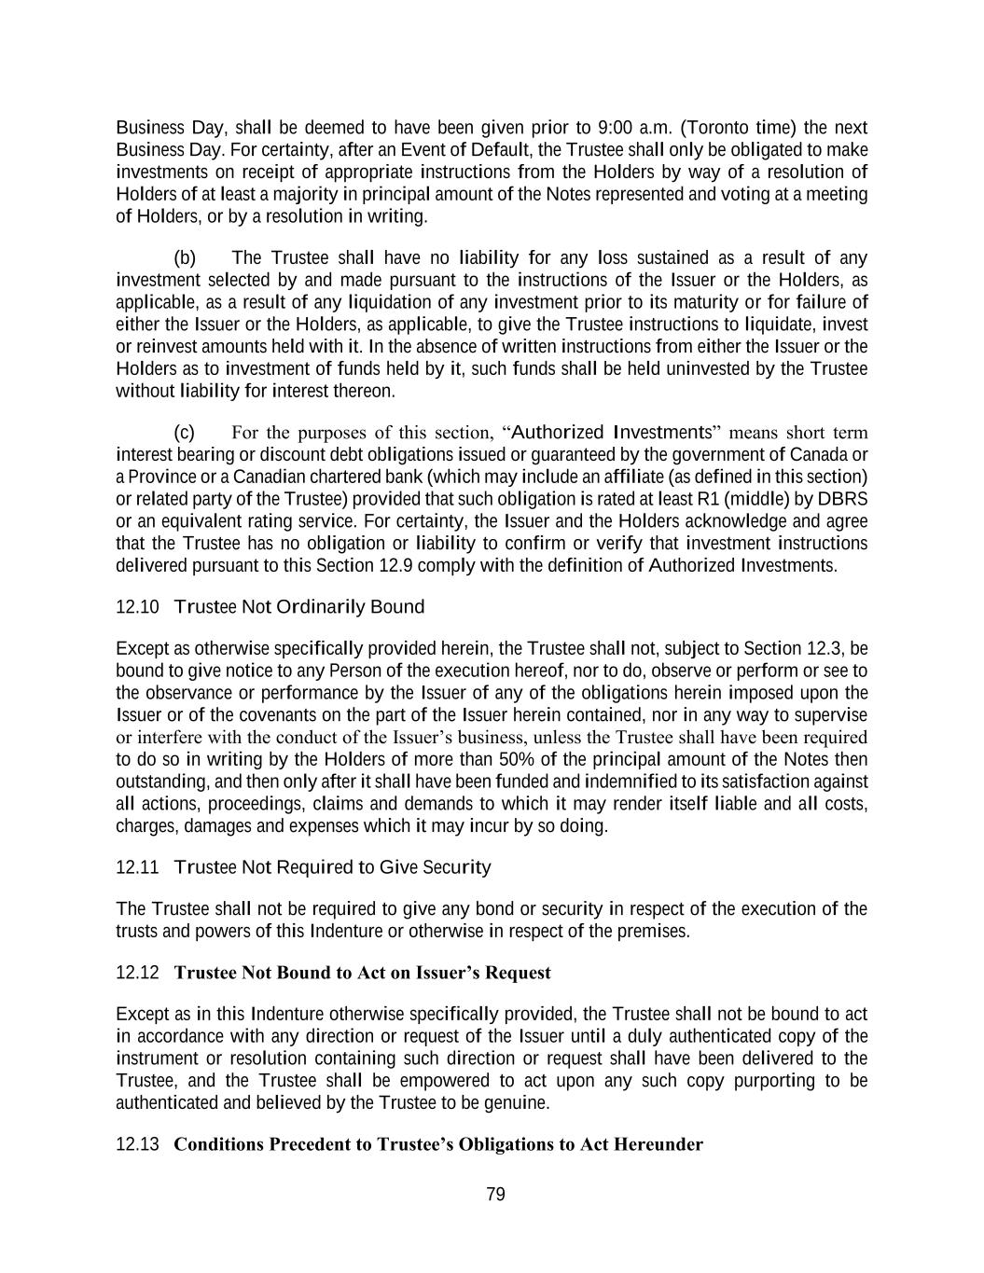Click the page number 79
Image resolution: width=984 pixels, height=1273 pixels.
coord(495,1195)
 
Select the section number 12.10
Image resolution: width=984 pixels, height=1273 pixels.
coord(137,607)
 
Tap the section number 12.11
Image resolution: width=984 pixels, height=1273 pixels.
coord(137,867)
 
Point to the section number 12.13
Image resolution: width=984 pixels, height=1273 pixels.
coord(137,1144)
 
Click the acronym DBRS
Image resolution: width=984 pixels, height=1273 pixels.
coord(847,499)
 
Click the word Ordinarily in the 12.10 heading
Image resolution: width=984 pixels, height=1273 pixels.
coord(321,607)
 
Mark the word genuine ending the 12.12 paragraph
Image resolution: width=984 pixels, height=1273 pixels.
coord(519,1102)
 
